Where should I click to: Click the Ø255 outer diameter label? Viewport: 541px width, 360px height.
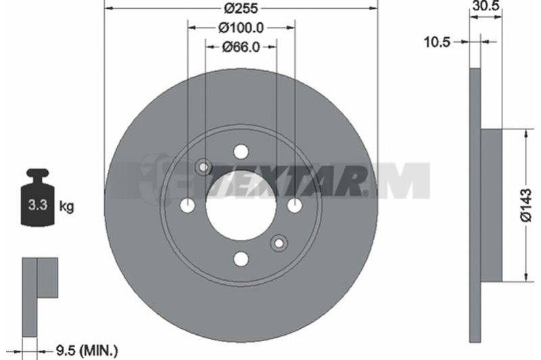[x=241, y=8]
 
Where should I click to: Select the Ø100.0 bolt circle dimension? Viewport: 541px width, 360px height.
[x=241, y=28]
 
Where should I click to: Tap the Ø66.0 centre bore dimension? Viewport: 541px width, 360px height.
[x=241, y=47]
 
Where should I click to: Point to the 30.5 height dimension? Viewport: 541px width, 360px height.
[x=486, y=5]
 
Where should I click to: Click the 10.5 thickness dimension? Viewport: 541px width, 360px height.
[x=437, y=42]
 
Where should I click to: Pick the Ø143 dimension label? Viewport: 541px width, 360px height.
[x=527, y=205]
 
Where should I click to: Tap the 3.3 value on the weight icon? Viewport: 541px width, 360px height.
[x=38, y=204]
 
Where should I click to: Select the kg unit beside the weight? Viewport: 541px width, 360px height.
[x=66, y=206]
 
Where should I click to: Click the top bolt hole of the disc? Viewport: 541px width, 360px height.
[x=241, y=152]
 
